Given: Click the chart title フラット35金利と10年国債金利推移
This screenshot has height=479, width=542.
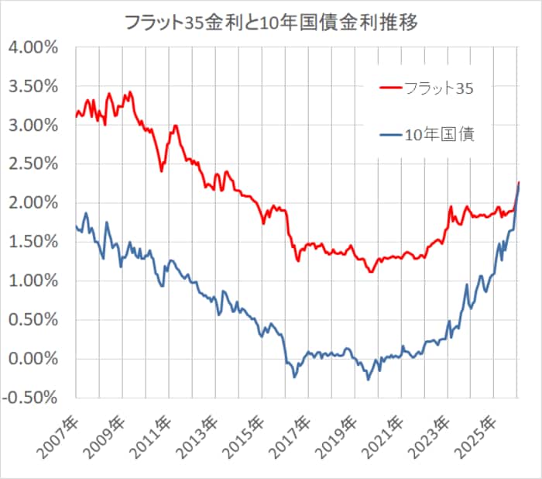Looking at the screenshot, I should click(x=271, y=22).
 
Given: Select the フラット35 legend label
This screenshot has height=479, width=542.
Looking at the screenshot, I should click(x=438, y=88).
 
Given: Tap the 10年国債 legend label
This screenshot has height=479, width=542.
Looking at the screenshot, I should click(x=438, y=135).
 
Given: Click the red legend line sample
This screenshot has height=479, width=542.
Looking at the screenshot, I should click(x=390, y=88).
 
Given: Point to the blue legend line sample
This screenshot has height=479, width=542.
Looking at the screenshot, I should click(x=390, y=135).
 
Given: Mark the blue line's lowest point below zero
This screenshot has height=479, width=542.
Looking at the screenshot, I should click(x=369, y=379).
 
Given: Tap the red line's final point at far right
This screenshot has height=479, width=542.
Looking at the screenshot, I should click(x=519, y=182).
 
